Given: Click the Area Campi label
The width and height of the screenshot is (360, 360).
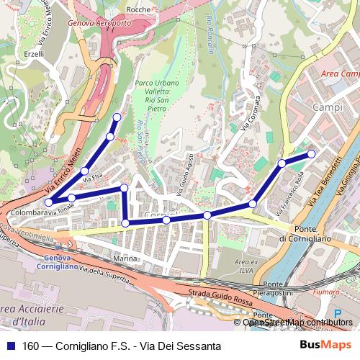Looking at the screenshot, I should click(340, 75).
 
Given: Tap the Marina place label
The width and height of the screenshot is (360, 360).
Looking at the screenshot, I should click(125, 257).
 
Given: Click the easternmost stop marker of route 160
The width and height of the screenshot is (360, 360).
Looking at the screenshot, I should click(311, 154).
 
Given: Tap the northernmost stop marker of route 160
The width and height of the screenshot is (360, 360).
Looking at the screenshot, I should click(117, 117).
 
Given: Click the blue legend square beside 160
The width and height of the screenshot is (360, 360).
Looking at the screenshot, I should click(9, 346).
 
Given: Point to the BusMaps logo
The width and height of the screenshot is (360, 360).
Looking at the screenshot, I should click(329, 346).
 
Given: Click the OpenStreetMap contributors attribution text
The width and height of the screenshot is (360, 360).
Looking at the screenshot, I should click(298, 322).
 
